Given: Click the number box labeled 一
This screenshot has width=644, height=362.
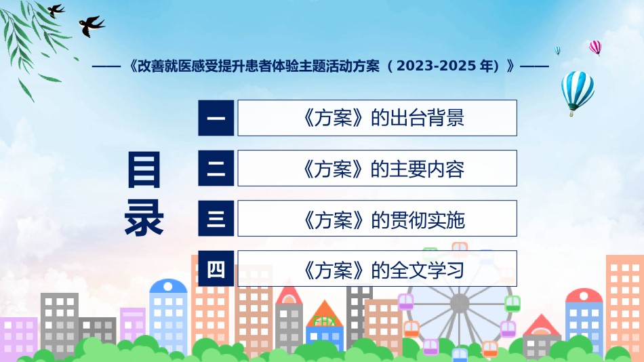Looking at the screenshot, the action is [x=216, y=118].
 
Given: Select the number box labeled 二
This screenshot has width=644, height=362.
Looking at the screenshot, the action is [x=216, y=168].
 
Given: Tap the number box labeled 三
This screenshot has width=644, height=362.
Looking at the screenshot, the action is [x=216, y=218].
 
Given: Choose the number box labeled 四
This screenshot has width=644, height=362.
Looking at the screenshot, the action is [x=216, y=268].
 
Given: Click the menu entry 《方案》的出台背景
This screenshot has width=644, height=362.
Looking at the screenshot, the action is [x=377, y=118].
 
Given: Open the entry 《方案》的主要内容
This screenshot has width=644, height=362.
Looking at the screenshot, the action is [x=377, y=168].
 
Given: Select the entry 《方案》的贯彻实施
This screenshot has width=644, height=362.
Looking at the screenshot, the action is [x=377, y=218].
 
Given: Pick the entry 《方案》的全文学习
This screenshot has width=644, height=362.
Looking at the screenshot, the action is [x=377, y=268].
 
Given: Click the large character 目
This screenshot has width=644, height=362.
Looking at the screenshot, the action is [x=144, y=169].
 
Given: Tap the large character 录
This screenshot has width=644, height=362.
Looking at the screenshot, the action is [x=144, y=218].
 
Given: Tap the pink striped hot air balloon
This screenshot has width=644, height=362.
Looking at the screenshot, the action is [x=595, y=47].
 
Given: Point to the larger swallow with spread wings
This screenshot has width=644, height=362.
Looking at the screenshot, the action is [x=92, y=26].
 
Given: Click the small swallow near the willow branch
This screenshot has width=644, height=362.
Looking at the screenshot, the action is [x=56, y=10].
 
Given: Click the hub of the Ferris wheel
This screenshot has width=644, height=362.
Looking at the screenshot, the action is [x=459, y=304].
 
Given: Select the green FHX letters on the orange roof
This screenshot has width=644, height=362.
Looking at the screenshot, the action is [x=325, y=321].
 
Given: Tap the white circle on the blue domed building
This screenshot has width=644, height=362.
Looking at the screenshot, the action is [x=168, y=287].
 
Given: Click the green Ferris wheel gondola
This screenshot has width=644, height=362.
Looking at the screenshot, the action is [x=512, y=304].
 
